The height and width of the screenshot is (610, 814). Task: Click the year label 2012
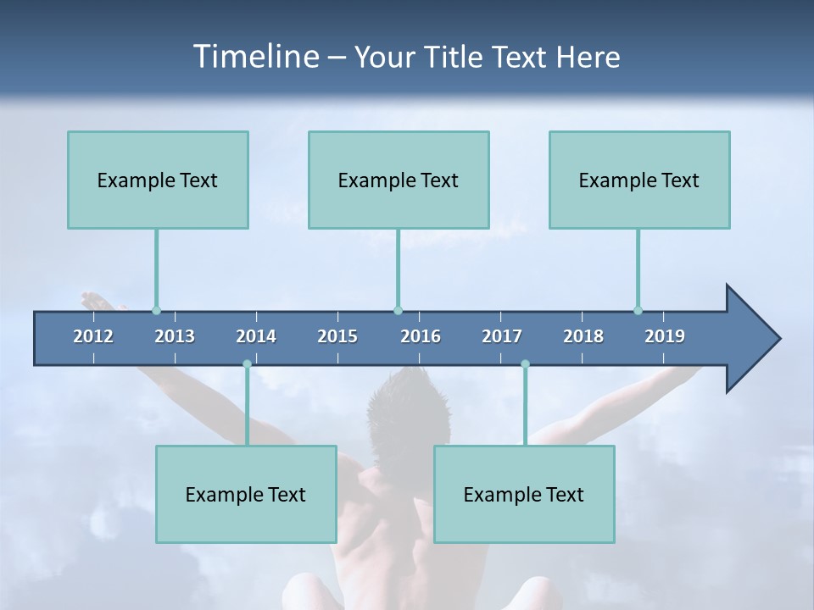(93, 336)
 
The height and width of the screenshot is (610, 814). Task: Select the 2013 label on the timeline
(175, 336)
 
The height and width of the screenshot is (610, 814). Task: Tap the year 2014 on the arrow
(256, 336)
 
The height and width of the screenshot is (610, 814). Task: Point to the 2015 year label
(337, 336)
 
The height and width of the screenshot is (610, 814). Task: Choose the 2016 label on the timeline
(421, 336)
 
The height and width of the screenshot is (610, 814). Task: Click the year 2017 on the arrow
(502, 336)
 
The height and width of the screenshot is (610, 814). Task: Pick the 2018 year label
(583, 336)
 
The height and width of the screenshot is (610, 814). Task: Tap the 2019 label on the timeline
(665, 336)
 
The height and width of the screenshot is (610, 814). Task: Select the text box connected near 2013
(158, 180)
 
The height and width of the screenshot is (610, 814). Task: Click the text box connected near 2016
(399, 180)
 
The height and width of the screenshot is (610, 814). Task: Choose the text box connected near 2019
(639, 180)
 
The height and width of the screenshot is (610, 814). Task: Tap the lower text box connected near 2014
(246, 494)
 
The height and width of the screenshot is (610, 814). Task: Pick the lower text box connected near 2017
(524, 494)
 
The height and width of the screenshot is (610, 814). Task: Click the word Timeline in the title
(254, 57)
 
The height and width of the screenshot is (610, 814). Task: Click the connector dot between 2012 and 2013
(156, 310)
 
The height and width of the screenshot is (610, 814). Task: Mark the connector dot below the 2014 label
(247, 364)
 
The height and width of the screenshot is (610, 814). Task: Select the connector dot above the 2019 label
(638, 310)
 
